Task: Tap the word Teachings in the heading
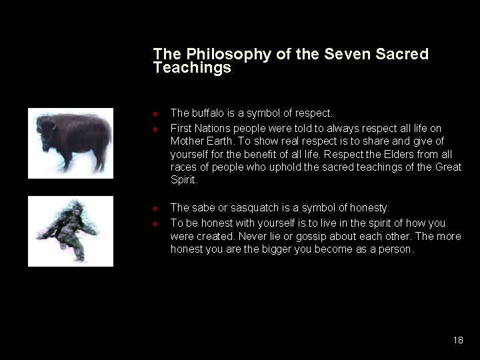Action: (192, 68)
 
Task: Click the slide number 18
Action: (457, 340)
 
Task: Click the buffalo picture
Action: (71, 143)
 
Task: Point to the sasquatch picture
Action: (71, 231)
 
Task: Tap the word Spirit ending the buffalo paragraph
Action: (184, 180)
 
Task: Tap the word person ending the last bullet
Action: (397, 249)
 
